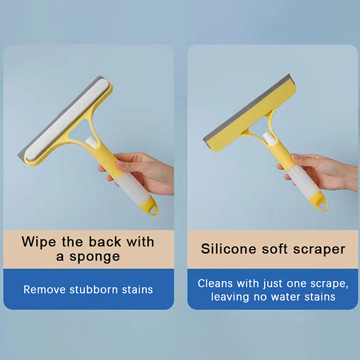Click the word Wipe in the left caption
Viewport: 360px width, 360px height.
tap(39, 242)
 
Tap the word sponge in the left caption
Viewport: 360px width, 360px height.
tap(94, 256)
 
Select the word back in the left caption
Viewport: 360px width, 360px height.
tap(105, 242)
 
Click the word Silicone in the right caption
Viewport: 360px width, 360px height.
tap(229, 249)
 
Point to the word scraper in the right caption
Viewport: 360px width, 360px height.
tap(319, 250)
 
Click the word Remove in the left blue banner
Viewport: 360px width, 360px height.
tap(45, 289)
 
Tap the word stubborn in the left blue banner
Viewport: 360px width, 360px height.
tap(94, 289)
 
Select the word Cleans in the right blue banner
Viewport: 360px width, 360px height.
tap(215, 283)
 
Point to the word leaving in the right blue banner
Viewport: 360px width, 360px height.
tap(230, 297)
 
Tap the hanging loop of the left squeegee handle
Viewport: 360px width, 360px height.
tap(153, 207)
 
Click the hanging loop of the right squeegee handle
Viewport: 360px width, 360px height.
tap(321, 204)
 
